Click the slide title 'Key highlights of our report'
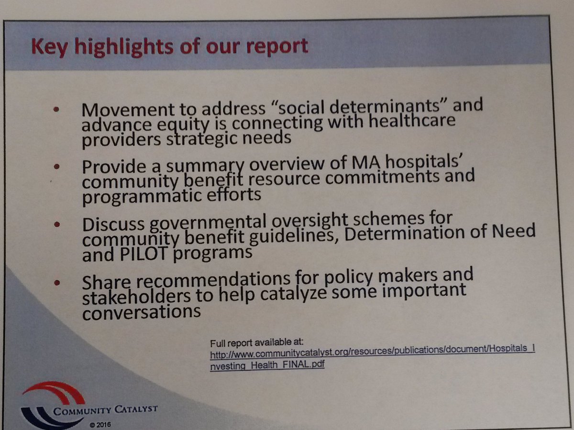[169, 47]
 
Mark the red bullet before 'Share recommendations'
[58, 282]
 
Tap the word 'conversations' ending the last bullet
[141, 312]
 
